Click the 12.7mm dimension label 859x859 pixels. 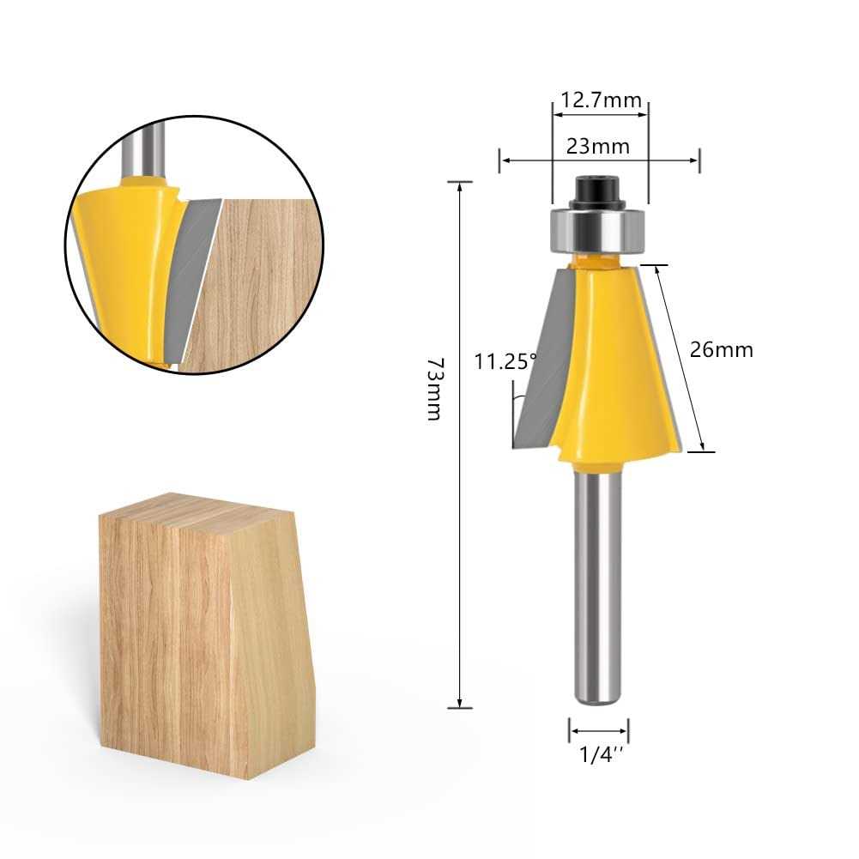600,100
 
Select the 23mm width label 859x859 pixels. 598,146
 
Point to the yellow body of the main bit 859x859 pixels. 614,360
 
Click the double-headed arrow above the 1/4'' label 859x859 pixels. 598,731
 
